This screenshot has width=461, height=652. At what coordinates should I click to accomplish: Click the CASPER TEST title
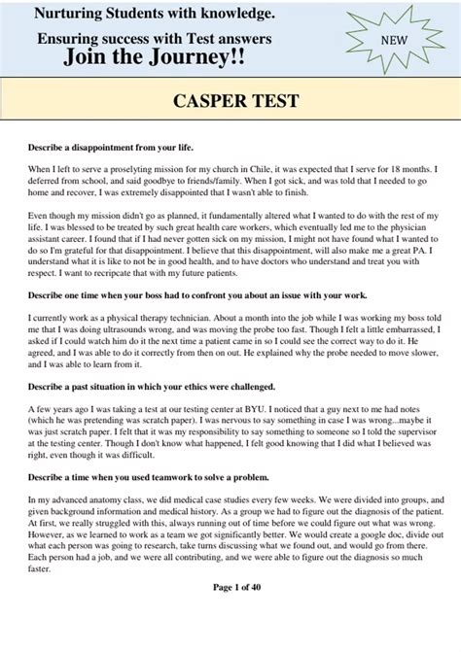(x=230, y=101)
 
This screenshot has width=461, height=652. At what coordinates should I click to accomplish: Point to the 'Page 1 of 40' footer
(x=230, y=616)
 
